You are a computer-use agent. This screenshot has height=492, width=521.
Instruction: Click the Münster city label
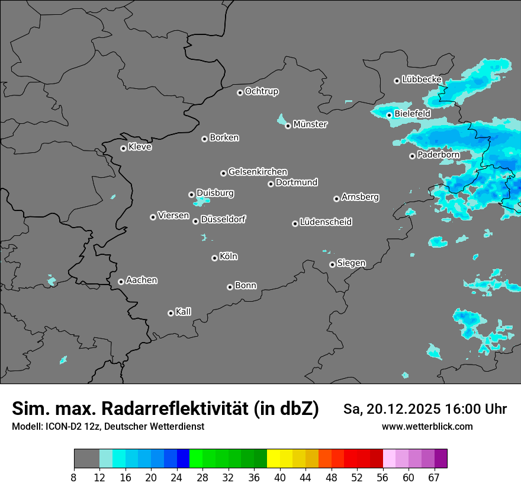coord(310,124)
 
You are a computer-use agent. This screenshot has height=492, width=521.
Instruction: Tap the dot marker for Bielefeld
coord(389,115)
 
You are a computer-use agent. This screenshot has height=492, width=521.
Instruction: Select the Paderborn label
coord(438,155)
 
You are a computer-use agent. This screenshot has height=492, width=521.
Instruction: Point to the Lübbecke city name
coord(422,79)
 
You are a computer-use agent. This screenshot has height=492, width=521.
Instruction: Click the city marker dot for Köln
coord(214,258)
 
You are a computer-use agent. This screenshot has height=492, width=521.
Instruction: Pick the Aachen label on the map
coord(141,280)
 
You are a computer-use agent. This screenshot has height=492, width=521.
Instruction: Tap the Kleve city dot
coord(123,148)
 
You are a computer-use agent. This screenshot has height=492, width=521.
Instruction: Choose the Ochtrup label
coord(262,92)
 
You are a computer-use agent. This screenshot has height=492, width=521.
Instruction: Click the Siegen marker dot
coord(332,264)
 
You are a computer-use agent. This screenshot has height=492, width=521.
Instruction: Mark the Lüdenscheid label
coord(326,222)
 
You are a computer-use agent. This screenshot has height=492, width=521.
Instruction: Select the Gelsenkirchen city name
coord(258,172)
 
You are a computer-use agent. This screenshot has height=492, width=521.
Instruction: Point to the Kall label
coord(184,312)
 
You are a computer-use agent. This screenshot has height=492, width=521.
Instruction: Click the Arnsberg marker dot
coord(336,199)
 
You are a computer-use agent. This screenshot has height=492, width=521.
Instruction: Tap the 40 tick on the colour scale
coord(280,477)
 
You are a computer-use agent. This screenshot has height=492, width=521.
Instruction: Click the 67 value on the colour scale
coord(434,477)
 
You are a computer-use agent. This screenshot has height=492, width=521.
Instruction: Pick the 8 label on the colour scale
coord(74,477)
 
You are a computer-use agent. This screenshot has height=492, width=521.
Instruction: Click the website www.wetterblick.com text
coord(427,427)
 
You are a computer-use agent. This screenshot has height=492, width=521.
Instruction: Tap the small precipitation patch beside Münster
coord(281,120)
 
